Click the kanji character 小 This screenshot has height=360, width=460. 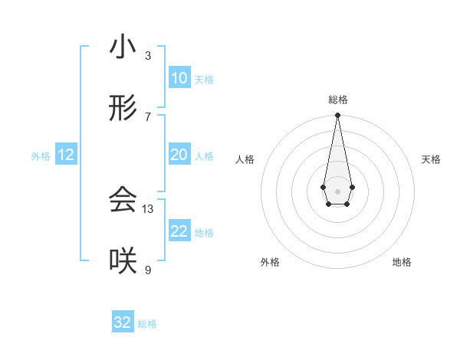(123, 47)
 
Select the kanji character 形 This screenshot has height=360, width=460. (123, 110)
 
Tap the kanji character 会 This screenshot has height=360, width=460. (123, 200)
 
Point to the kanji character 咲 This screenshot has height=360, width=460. (123, 261)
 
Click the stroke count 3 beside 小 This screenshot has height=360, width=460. (148, 55)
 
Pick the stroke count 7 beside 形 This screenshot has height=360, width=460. (148, 116)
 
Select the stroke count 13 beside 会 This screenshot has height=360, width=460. (148, 208)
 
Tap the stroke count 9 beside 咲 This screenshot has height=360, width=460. (148, 269)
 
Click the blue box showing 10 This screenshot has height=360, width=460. (179, 78)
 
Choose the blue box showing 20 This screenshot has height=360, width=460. (179, 155)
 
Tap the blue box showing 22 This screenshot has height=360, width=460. (179, 231)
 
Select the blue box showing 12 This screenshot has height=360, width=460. (66, 155)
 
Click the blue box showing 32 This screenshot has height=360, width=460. (123, 322)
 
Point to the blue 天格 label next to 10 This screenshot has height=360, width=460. (204, 79)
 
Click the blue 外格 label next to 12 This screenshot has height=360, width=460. (41, 155)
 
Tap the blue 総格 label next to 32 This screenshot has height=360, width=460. (147, 324)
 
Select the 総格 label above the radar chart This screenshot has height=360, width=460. (337, 100)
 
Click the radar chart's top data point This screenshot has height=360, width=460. (337, 116)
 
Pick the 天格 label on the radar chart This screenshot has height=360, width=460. (431, 159)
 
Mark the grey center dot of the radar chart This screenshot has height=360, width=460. (337, 191)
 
